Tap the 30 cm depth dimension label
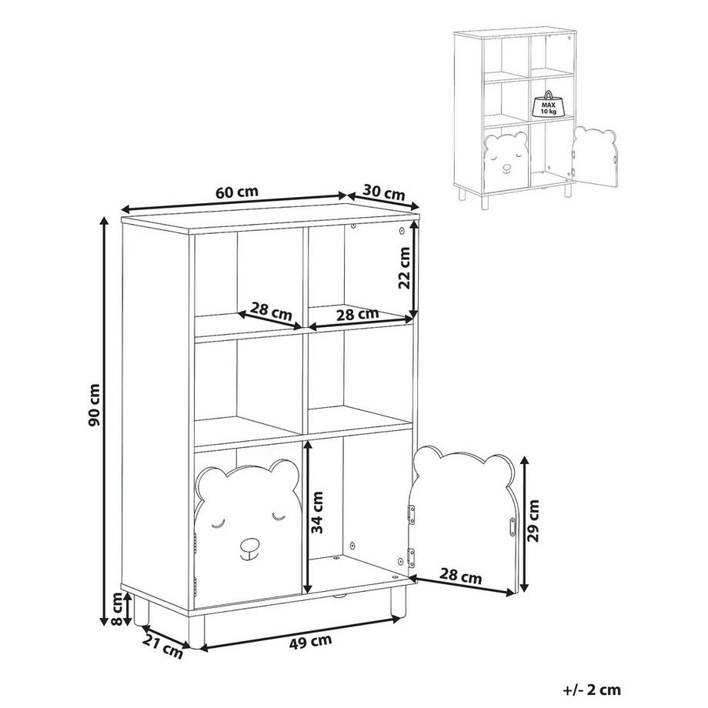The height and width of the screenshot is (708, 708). coord(382,192)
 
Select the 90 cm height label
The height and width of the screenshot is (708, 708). coord(94,406)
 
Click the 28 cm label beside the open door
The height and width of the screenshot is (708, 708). coord(462,575)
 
